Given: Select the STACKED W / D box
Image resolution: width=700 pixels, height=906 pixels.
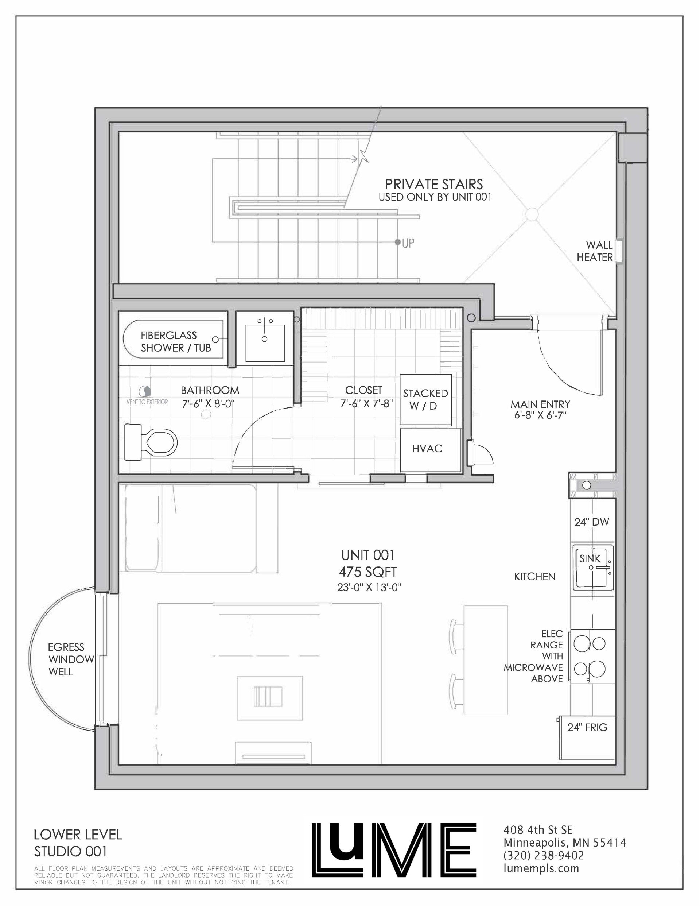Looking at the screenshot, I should (425, 399).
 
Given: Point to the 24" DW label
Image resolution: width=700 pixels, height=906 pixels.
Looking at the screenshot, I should (592, 522).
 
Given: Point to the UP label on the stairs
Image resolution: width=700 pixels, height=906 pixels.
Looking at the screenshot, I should (408, 244).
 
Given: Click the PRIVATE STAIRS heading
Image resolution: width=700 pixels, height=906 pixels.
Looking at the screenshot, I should (434, 184).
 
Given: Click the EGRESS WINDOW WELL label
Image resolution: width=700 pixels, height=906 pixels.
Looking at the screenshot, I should (66, 659).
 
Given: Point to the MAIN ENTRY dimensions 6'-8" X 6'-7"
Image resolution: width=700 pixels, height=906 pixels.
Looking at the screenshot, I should (540, 414).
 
